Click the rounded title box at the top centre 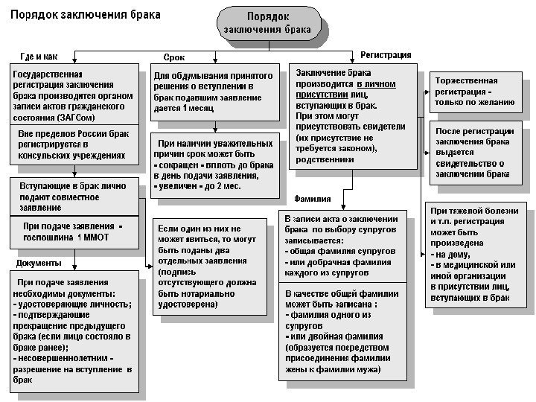270,23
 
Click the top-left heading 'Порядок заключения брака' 85,14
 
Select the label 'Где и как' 38,57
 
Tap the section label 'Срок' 174,57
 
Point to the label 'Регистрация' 386,55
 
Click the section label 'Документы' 39,263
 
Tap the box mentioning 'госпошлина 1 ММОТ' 74,232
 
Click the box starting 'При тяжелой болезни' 473,254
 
